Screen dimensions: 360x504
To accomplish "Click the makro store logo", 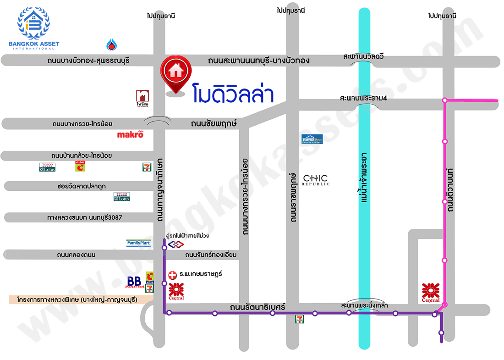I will [x=130, y=134].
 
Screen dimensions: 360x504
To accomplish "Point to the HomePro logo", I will [x=312, y=139].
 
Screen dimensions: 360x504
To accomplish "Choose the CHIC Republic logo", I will [x=316, y=180].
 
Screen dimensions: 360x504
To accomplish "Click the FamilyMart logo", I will [x=138, y=243].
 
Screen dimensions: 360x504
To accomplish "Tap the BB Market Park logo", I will [x=135, y=282].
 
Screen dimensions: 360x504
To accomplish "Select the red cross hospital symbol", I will [x=173, y=274].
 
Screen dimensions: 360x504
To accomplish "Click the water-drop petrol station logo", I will [x=112, y=44].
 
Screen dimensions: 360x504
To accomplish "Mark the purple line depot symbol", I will [x=174, y=245].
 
